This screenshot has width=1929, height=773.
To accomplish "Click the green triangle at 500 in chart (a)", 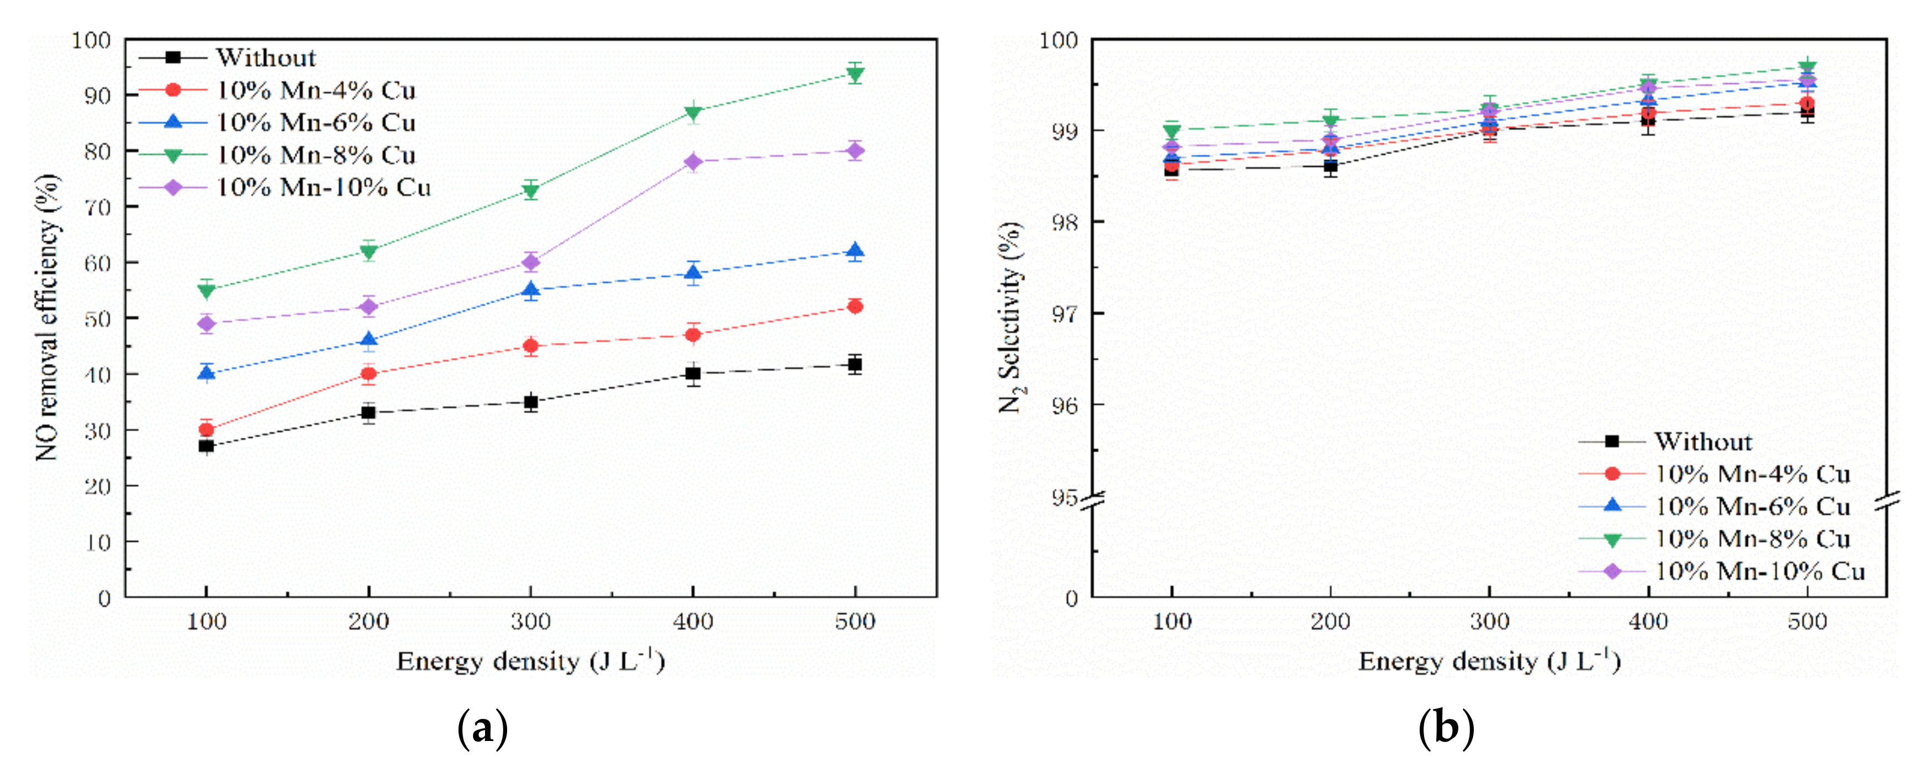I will pyautogui.click(x=855, y=73).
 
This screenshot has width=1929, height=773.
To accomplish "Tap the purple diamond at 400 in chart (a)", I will pyautogui.click(x=693, y=162).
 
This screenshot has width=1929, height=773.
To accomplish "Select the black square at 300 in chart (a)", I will pyautogui.click(x=530, y=402).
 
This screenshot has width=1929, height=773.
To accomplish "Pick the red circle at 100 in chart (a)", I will pyautogui.click(x=206, y=430).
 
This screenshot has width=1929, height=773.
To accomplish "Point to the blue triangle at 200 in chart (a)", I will pyautogui.click(x=368, y=341).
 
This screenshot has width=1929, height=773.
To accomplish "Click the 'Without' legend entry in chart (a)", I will pyautogui.click(x=266, y=57).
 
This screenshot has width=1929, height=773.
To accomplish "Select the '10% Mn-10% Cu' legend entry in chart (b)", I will pyautogui.click(x=1760, y=571).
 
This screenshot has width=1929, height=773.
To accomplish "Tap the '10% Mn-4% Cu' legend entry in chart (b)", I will pyautogui.click(x=1752, y=474).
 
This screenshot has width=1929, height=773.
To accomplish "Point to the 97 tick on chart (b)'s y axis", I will pyautogui.click(x=1065, y=314).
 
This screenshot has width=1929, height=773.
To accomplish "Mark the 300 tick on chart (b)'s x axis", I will pyautogui.click(x=1489, y=622).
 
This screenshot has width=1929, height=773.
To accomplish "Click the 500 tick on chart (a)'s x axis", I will pyautogui.click(x=855, y=622).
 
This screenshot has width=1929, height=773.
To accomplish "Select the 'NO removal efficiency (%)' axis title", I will pyautogui.click(x=46, y=317).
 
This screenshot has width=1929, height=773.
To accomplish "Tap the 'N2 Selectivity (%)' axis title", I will pyautogui.click(x=1011, y=317).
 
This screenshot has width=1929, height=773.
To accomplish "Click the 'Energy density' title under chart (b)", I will pyautogui.click(x=1489, y=661).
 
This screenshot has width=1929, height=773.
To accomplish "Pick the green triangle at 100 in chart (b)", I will pyautogui.click(x=1172, y=131).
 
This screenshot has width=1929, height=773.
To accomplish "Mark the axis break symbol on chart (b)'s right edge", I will pyautogui.click(x=1887, y=501).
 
